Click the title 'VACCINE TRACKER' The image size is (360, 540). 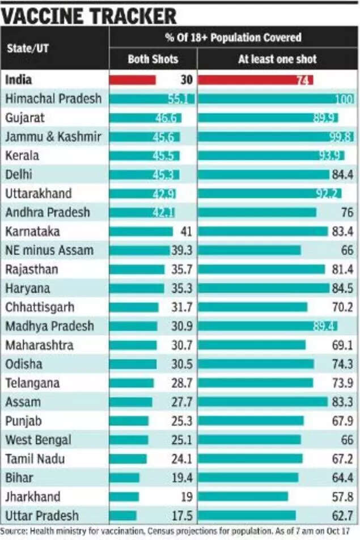tap(89, 14)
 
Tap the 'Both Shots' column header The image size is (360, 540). tap(153, 59)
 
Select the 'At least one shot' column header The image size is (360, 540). tap(277, 59)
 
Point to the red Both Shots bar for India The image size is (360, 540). tap(133, 80)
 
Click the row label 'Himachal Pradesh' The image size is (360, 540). tap(53, 99)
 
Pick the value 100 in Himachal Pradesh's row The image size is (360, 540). tap(344, 99)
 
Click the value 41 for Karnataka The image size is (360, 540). tap(187, 231)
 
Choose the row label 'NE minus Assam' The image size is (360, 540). tap(49, 250)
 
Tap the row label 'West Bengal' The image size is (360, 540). tap(38, 440)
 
